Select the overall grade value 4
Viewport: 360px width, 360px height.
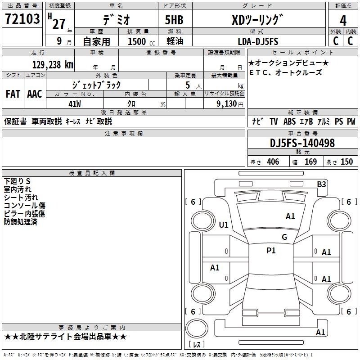[x=343, y=20]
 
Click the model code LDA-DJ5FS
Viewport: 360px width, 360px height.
[x=258, y=41]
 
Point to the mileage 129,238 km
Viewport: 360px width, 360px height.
[x=53, y=64]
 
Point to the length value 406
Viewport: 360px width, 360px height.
[x=273, y=162]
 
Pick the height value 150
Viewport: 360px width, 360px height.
[x=346, y=162]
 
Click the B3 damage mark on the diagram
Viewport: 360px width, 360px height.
[x=321, y=184]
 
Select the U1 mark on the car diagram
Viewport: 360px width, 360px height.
[x=223, y=225]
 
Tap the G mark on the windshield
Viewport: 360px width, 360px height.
[x=284, y=237]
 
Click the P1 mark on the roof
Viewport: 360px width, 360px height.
[x=271, y=251]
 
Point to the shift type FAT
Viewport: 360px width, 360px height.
[x=13, y=94]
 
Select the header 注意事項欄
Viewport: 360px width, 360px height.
[x=123, y=134]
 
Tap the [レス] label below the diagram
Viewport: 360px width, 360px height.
[x=198, y=344]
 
